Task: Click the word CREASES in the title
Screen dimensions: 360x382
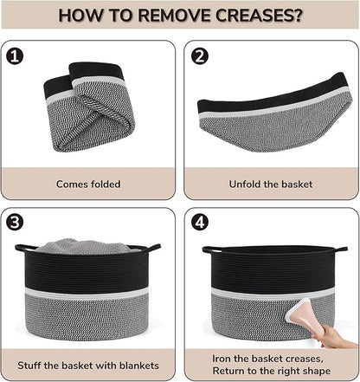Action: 259,16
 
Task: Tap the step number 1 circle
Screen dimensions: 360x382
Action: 15,56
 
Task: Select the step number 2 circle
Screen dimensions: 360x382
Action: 200,56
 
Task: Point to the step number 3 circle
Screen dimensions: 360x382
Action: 15,223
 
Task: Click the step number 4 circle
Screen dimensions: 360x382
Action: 200,223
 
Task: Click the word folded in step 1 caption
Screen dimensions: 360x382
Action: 106,184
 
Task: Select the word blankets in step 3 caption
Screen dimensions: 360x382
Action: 139,366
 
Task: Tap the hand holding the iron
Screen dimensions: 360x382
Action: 331,336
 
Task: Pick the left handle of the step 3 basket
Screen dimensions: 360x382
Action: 25,248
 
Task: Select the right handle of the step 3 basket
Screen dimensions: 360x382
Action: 152,248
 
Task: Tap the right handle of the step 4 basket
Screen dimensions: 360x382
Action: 339,249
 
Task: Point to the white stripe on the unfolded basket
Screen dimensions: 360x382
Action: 274,107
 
